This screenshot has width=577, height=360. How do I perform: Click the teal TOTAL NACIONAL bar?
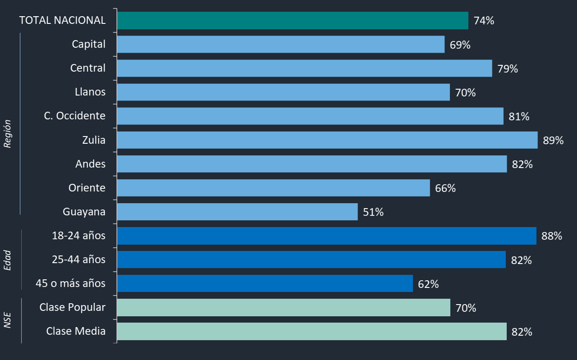(x=292, y=21)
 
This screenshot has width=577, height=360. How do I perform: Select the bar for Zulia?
(x=327, y=140)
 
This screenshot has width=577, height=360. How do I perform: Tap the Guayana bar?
(x=237, y=212)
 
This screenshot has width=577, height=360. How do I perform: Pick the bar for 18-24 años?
(x=326, y=236)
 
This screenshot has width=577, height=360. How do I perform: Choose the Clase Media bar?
(x=311, y=332)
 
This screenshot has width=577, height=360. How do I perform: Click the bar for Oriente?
(x=273, y=188)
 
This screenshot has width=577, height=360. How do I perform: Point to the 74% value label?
(x=484, y=21)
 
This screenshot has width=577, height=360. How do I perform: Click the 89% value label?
(x=553, y=141)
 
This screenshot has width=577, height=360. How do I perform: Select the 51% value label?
(x=373, y=212)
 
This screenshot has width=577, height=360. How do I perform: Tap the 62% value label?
(x=428, y=284)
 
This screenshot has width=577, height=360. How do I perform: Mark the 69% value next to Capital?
(x=460, y=45)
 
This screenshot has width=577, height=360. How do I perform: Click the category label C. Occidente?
(x=75, y=116)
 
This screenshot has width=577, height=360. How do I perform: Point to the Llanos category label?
(x=90, y=92)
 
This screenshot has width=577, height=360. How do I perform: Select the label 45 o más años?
(x=71, y=283)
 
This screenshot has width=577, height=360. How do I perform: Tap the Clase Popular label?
(x=73, y=307)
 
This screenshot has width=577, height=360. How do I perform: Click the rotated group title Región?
(x=8, y=134)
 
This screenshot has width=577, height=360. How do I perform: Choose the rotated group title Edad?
(x=8, y=260)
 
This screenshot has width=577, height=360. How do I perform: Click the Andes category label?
(x=91, y=164)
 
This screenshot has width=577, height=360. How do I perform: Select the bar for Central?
(x=304, y=68)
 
